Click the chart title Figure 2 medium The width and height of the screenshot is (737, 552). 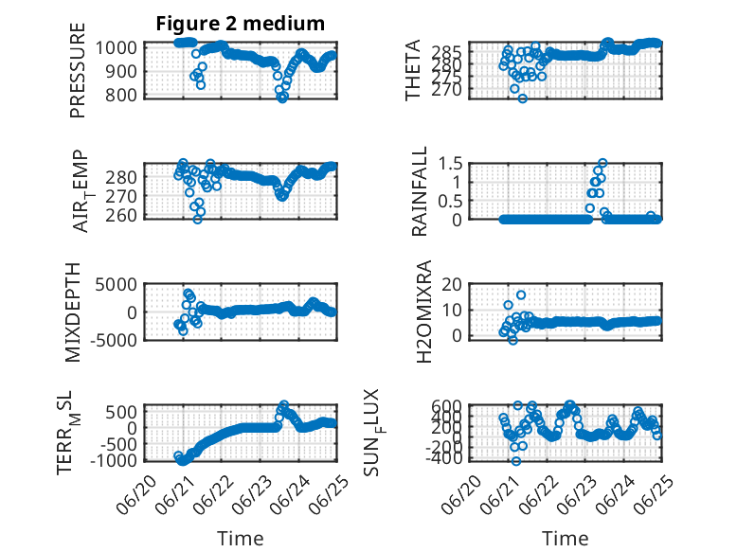[x=241, y=23]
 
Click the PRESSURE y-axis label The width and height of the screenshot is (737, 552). [x=78, y=70]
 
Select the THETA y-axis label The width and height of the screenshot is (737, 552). [x=412, y=70]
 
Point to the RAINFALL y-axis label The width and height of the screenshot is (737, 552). [x=419, y=190]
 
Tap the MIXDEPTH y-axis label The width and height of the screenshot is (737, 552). [x=73, y=312]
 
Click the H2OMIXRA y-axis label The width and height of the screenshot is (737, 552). [x=424, y=312]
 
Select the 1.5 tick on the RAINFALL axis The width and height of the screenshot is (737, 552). [x=450, y=164]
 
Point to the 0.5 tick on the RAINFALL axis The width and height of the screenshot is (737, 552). [x=450, y=201]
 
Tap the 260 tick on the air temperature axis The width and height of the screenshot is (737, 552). [x=121, y=216]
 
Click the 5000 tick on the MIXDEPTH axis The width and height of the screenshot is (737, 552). [x=116, y=284]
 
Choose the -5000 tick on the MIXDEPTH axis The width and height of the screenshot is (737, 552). [x=113, y=340]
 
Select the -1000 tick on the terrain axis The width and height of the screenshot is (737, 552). [x=113, y=460]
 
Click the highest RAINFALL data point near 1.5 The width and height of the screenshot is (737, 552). [x=602, y=163]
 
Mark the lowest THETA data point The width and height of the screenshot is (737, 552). [x=522, y=98]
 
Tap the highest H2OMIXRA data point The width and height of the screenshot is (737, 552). [x=521, y=295]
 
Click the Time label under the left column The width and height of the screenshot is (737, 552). [x=241, y=539]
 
